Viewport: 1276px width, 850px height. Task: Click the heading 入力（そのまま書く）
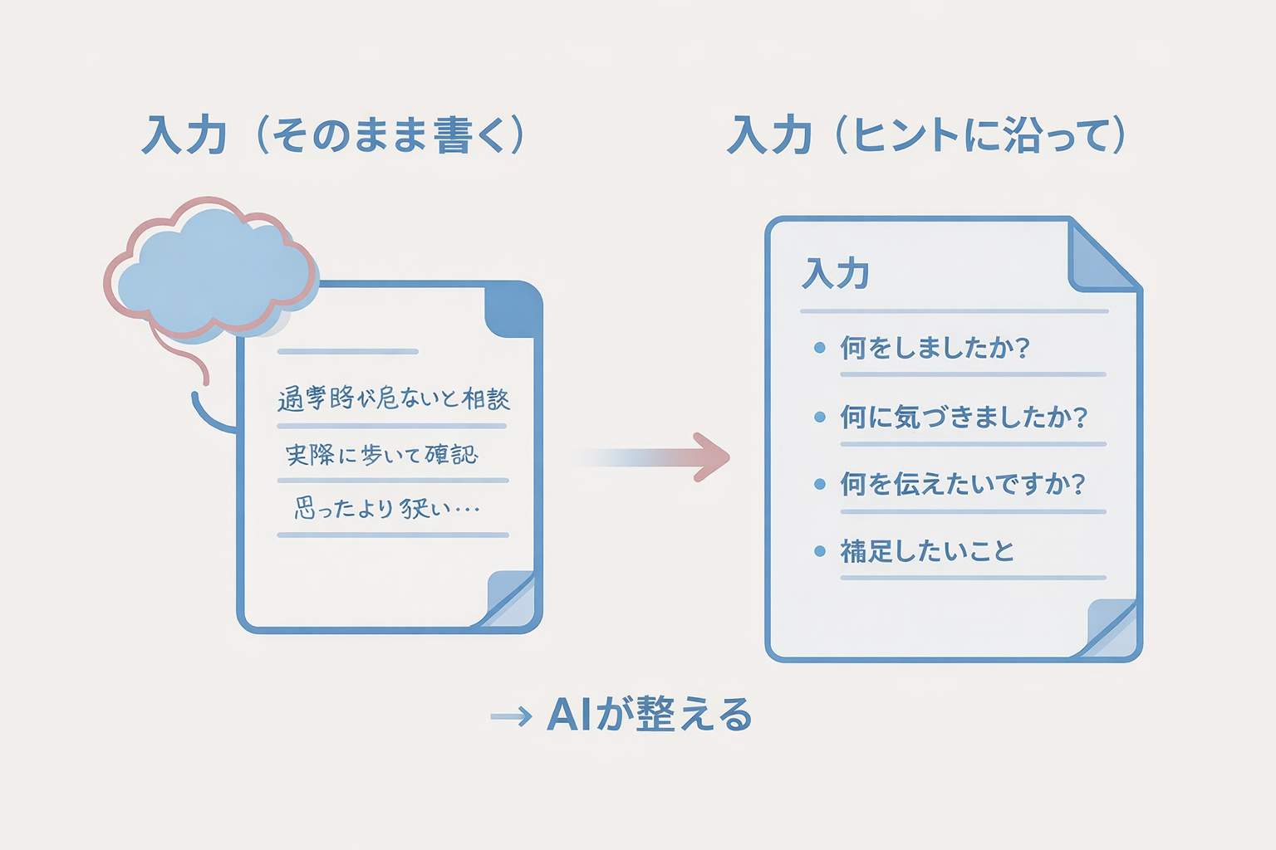(334, 135)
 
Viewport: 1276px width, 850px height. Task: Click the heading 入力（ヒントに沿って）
(926, 135)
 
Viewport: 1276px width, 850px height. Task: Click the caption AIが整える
(650, 715)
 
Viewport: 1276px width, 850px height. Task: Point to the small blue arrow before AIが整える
(511, 716)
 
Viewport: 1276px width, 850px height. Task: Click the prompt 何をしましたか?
(935, 347)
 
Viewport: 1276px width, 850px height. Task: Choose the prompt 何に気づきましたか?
(964, 416)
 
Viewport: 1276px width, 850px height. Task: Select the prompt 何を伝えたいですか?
(963, 483)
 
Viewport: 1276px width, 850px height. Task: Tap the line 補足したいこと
(927, 551)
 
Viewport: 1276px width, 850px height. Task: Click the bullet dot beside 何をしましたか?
(820, 348)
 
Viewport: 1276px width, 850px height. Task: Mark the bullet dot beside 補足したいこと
(820, 551)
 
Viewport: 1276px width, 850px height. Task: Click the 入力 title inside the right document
(836, 273)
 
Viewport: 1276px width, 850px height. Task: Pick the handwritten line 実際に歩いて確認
(382, 455)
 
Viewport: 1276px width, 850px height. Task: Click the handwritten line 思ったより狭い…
(387, 507)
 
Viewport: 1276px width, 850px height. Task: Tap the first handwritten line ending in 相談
(394, 399)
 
